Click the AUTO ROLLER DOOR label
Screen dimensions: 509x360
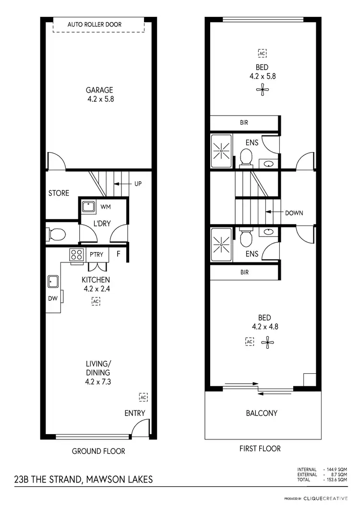click(95, 24)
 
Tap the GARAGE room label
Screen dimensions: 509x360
click(99, 90)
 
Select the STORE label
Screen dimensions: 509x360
click(59, 193)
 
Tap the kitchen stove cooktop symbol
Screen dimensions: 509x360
click(76, 254)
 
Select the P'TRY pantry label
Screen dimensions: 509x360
click(97, 254)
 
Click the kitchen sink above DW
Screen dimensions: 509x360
click(52, 281)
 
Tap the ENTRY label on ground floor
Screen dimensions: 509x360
click(134, 413)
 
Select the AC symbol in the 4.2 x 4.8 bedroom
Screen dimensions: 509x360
click(249, 341)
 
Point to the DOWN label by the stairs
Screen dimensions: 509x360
click(294, 213)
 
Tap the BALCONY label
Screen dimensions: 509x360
click(262, 413)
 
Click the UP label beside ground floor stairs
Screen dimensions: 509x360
click(138, 184)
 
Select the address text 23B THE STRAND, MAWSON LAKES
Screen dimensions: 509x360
click(83, 479)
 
